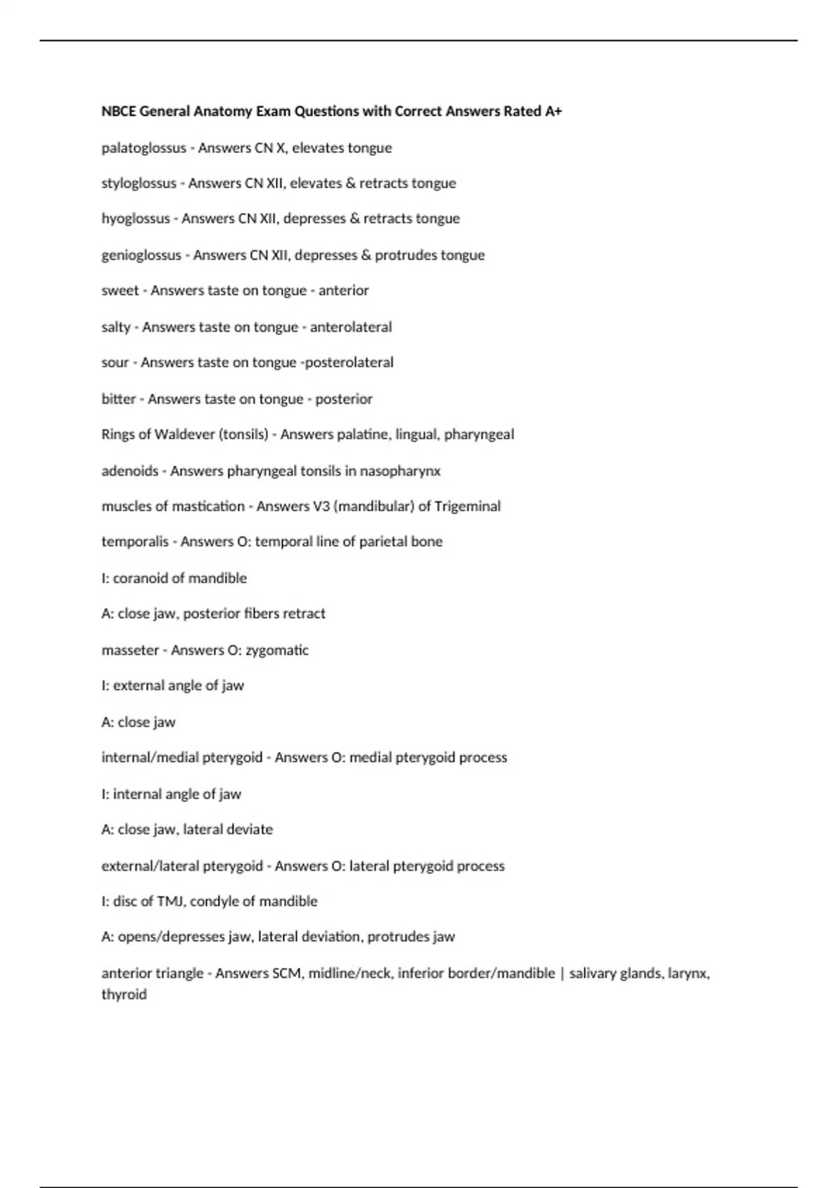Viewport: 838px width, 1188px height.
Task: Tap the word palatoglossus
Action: [x=144, y=148]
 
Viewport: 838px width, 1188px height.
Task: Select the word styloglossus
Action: [x=139, y=183]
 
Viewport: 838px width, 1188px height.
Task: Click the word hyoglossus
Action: [x=135, y=219]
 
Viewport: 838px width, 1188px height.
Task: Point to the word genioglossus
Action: [x=141, y=255]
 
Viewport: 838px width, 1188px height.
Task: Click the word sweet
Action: [x=120, y=291]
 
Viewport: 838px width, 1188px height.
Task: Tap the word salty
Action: [x=116, y=327]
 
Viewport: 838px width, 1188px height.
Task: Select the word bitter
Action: [x=119, y=399]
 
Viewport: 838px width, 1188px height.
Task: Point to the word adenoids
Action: [x=130, y=471]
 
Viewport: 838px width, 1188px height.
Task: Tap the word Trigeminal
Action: [x=467, y=506]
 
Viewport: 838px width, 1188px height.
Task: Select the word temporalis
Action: [x=135, y=542]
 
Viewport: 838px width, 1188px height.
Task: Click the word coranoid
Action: [x=138, y=578]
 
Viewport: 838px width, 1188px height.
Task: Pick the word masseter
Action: [x=131, y=650]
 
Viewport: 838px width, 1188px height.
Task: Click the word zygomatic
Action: [x=277, y=650]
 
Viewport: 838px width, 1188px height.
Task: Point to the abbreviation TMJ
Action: [x=170, y=901]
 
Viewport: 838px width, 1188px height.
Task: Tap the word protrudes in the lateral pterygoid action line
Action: [x=396, y=936]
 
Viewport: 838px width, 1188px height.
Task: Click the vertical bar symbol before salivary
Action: [x=562, y=973]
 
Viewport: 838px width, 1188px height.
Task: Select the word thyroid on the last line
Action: [x=124, y=994]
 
